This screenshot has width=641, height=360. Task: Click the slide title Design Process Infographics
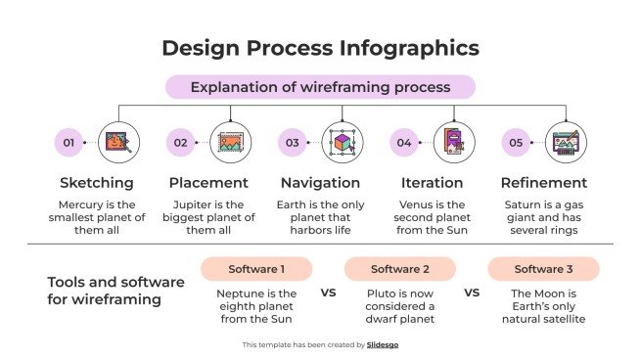pos(320,47)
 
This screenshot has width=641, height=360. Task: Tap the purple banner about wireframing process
pos(320,87)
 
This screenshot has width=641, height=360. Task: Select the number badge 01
pos(69,143)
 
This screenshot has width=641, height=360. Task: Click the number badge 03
pos(292,143)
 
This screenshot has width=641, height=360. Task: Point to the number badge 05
pos(516,143)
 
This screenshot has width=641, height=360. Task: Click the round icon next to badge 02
pos(231,143)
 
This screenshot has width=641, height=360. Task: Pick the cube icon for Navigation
pos(343,143)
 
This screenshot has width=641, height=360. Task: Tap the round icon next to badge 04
pos(454,143)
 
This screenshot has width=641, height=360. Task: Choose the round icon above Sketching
pos(119,143)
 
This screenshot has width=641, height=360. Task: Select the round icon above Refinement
pos(566,143)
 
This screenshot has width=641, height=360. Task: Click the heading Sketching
pos(97,183)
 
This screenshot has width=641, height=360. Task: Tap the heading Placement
pos(208,183)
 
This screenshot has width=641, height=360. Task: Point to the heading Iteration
pos(432,183)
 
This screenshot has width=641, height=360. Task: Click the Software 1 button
pos(256,269)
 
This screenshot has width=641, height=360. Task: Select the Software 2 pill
pos(400,269)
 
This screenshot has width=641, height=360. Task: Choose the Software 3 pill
pos(543,269)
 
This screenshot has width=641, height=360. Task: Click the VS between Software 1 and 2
pos(329,292)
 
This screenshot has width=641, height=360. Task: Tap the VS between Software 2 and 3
pos(472,292)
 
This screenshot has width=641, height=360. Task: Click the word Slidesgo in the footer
pos(383,344)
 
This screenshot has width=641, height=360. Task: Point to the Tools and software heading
pos(115,291)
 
